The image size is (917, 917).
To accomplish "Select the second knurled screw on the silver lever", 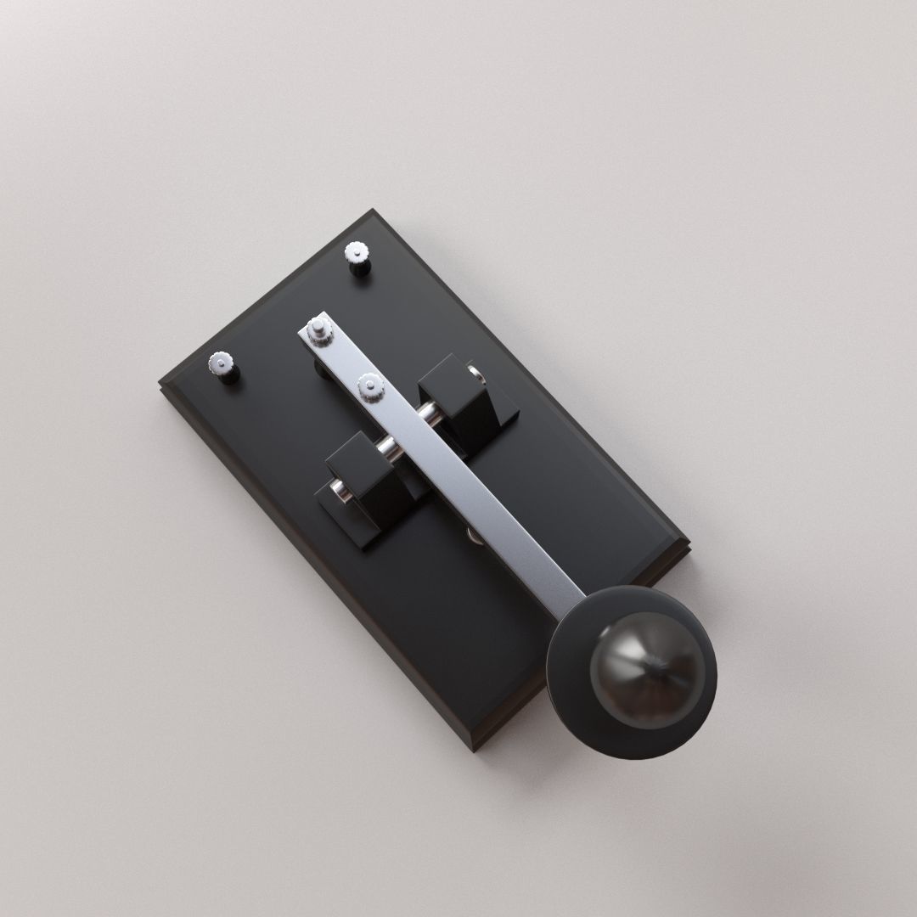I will [x=371, y=388].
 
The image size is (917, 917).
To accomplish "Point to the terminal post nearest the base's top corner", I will [x=357, y=257].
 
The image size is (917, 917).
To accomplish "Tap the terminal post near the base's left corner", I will [x=223, y=368].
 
